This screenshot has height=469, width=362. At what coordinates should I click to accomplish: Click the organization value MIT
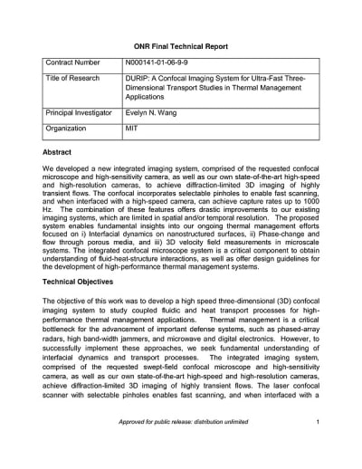(x=132, y=129)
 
